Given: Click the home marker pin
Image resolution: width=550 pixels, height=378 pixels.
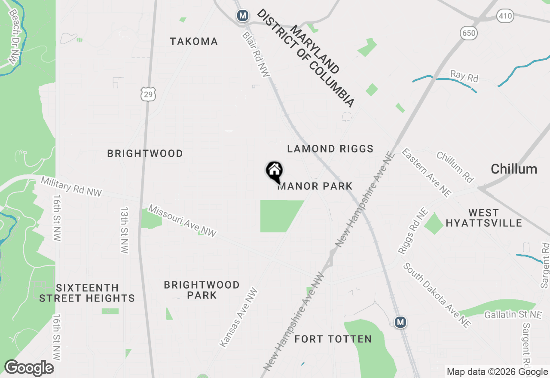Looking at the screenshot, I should [275, 172].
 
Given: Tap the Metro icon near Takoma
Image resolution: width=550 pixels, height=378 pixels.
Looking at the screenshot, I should [243, 16].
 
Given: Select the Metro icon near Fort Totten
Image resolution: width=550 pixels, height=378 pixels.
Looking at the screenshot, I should [400, 322].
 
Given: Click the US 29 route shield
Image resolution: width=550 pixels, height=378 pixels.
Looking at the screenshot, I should [148, 94].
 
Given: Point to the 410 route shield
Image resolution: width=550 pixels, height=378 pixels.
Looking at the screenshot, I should [505, 16].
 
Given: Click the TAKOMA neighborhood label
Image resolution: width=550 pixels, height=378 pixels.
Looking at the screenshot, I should [194, 42].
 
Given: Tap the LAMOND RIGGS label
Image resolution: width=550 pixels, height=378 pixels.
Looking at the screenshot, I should [330, 149].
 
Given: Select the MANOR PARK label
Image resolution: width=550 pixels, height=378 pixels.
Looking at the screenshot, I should [315, 186].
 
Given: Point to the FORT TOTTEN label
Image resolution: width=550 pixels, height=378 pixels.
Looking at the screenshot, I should [333, 339].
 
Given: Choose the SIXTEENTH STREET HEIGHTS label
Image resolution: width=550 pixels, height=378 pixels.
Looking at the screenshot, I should [87, 293].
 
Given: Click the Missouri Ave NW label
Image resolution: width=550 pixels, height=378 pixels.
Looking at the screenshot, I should [182, 221].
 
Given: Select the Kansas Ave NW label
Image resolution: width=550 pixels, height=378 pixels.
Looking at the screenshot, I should [239, 317].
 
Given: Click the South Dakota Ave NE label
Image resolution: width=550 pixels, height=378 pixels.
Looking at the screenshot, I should [437, 295].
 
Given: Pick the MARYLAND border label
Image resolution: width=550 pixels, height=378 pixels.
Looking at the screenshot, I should [315, 49].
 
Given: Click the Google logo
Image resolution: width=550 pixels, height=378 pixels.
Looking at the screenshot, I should [29, 368].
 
